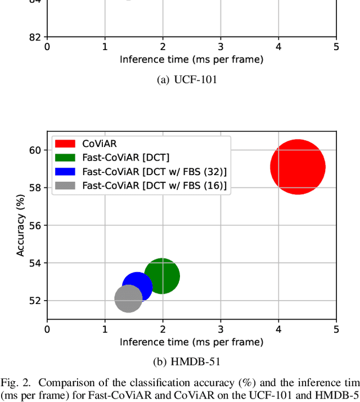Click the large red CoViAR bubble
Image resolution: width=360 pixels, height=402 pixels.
tap(298, 167)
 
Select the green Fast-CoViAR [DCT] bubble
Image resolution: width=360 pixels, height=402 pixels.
tap(162, 276)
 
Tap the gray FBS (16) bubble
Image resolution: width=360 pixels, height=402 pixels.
tap(128, 299)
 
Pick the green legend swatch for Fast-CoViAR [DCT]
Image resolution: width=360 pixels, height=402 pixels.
tap(66, 158)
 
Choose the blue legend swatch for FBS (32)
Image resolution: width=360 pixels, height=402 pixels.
tap(66, 171)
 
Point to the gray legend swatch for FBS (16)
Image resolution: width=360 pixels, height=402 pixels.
tap(66, 185)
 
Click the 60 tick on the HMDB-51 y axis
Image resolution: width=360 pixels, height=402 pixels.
tap(35, 150)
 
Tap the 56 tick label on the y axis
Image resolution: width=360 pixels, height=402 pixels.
tap(35, 225)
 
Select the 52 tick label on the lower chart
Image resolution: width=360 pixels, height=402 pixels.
tap(35, 301)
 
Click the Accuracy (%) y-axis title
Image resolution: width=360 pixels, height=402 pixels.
tap(20, 225)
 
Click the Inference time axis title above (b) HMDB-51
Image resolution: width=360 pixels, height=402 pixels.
tap(191, 342)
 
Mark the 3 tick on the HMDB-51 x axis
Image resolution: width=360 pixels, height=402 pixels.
tap(220, 329)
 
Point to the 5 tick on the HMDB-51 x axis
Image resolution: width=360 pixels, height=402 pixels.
tap(336, 329)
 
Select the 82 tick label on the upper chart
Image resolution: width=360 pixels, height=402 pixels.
tap(35, 37)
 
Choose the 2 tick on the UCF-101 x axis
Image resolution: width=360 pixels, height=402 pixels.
tap(163, 47)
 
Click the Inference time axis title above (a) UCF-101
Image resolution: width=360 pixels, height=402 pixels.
tap(191, 59)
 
